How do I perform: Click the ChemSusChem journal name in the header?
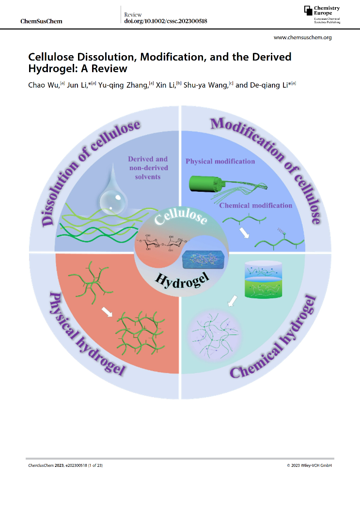pos(42,21)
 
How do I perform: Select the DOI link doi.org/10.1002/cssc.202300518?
pos(166,21)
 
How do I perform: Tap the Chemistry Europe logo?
pos(322,15)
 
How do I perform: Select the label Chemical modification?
pos(256,205)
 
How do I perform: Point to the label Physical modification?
pos(220,161)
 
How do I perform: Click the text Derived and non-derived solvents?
pos(147,168)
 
